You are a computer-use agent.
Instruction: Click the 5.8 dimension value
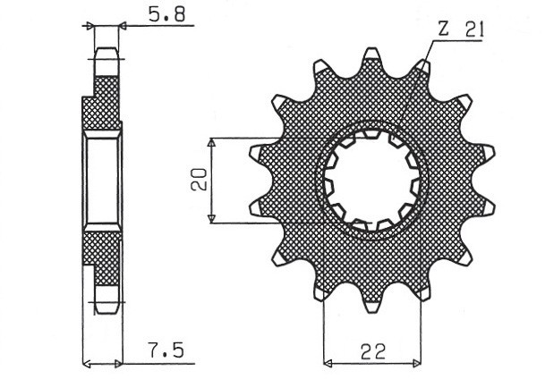pos(160,15)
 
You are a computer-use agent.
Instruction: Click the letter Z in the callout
pos(443,29)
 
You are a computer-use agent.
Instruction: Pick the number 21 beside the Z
pos(473,29)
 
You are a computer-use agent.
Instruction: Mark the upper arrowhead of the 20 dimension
pos(211,144)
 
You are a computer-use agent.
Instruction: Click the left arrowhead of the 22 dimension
pos(328,363)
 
